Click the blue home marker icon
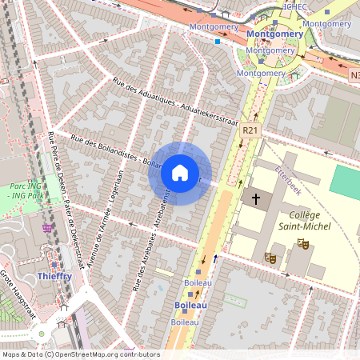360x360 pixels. click(x=180, y=173)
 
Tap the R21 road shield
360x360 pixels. click(x=250, y=130)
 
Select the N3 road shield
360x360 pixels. click(x=354, y=74)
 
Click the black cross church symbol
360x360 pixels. click(x=256, y=198)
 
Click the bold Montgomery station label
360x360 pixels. click(x=274, y=34)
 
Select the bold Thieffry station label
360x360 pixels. click(x=54, y=276)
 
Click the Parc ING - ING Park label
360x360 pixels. click(x=24, y=191)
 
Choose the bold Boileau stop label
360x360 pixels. click(x=191, y=306)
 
